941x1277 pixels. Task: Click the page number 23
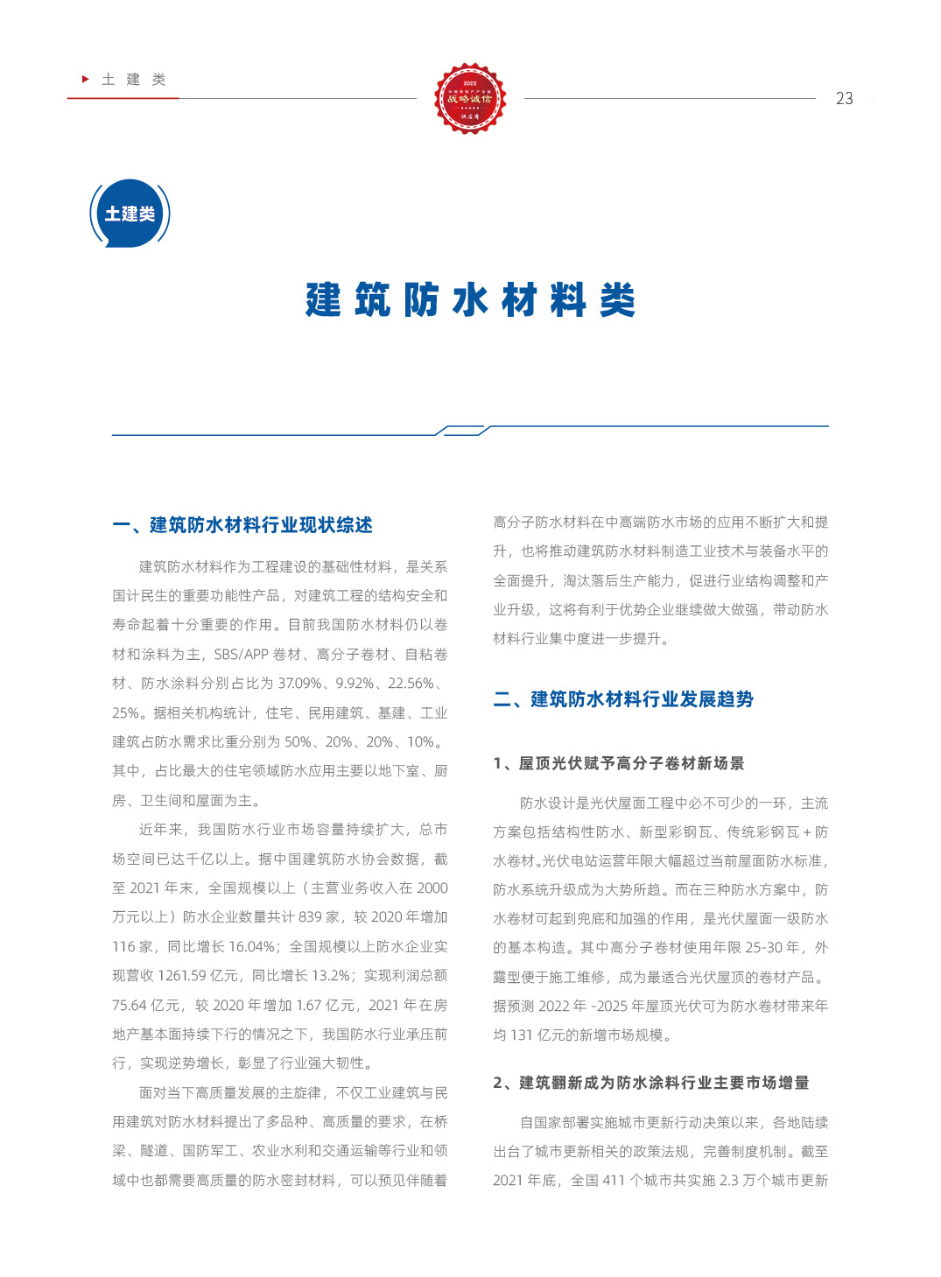tap(844, 99)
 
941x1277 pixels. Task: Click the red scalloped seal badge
tap(470, 98)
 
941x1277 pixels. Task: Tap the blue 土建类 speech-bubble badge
tap(130, 214)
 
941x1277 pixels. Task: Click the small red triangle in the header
tap(86, 79)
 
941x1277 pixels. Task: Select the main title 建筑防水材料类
tap(470, 300)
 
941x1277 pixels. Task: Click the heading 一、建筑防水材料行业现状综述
tap(242, 525)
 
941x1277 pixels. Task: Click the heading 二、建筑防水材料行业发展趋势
tap(623, 699)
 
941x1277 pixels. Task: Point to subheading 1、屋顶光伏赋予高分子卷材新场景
tap(618, 763)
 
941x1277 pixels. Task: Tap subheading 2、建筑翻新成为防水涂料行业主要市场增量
tap(650, 1083)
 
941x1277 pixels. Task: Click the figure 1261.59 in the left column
tap(178, 976)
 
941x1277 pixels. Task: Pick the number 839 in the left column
tap(310, 917)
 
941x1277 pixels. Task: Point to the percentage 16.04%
tap(251, 947)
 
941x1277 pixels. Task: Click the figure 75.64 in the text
tap(130, 1006)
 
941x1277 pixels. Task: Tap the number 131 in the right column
tap(522, 1035)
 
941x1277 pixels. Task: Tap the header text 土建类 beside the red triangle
tap(134, 80)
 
